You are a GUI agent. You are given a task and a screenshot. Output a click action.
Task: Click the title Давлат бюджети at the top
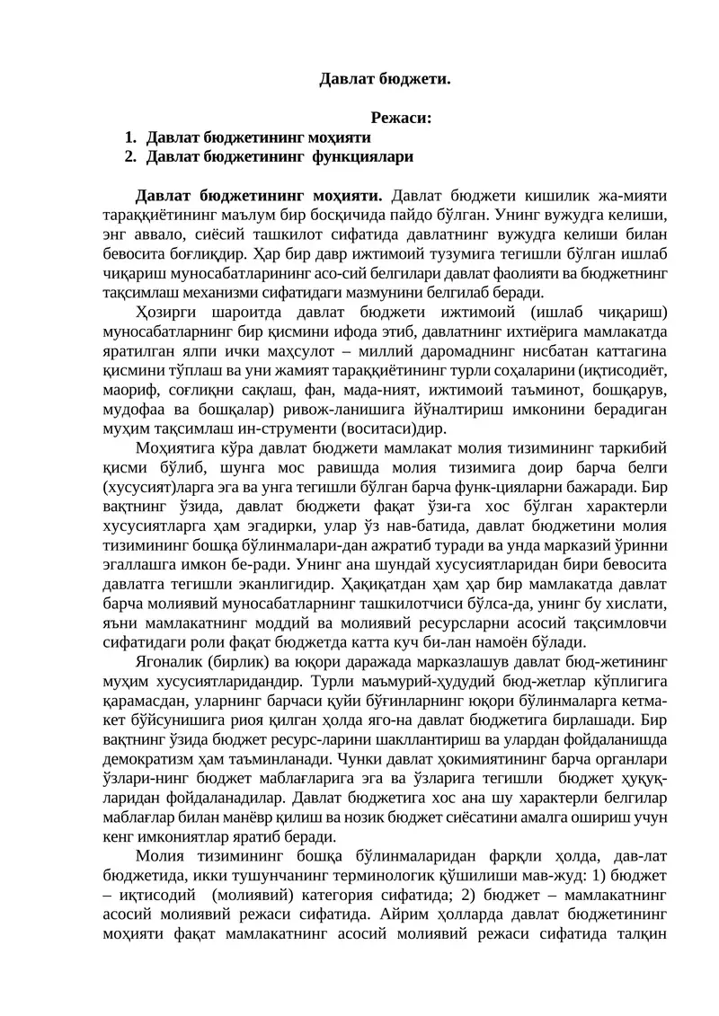(x=385, y=79)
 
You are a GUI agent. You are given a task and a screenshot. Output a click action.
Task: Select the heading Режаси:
(x=401, y=118)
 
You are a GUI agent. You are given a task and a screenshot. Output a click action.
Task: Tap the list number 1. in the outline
(x=130, y=137)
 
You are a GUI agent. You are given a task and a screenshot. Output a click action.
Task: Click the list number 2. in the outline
(x=130, y=156)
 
